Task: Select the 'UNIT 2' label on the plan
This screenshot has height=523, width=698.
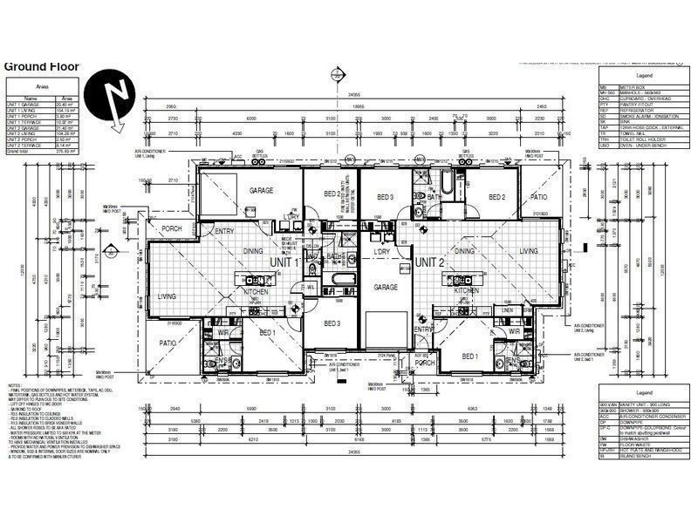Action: pyautogui.click(x=429, y=261)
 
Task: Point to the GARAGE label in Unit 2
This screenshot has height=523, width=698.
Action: pyautogui.click(x=386, y=287)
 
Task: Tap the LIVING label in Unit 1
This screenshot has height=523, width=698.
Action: pyautogui.click(x=167, y=297)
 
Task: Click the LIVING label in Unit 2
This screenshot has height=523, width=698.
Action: pyautogui.click(x=530, y=251)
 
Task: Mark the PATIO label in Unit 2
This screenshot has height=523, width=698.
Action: pyautogui.click(x=538, y=197)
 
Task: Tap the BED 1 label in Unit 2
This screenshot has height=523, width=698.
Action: pyautogui.click(x=470, y=357)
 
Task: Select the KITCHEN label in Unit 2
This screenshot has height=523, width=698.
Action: pyautogui.click(x=467, y=290)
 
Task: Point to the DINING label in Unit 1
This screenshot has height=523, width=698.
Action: pyautogui.click(x=254, y=251)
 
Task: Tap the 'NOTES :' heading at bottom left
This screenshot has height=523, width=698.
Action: pyautogui.click(x=15, y=384)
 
